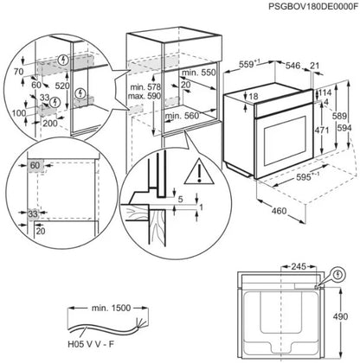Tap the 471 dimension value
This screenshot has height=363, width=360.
pyautogui.click(x=320, y=131)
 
